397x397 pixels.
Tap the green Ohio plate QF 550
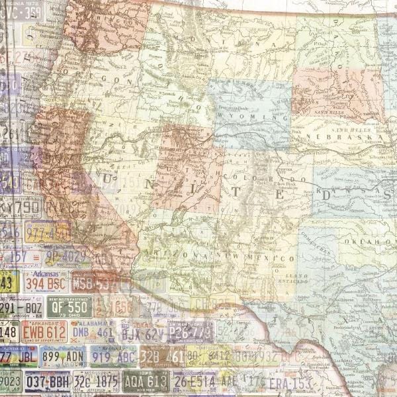69,306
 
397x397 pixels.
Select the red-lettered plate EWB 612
44,331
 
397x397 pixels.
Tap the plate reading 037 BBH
47,381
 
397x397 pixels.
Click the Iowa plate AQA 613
146,381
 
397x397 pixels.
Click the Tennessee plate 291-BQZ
20,307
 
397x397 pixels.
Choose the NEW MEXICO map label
268,257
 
